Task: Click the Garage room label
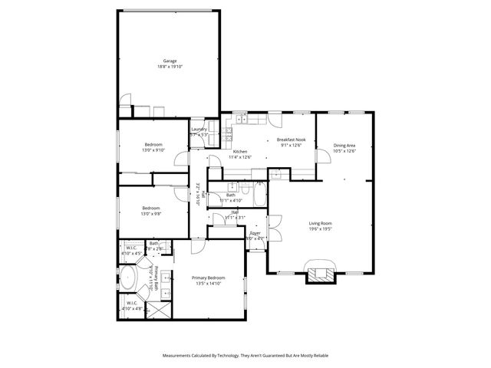tap(169, 61)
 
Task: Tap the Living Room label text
tap(319, 223)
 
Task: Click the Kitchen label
tap(240, 152)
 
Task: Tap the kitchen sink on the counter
tap(241, 120)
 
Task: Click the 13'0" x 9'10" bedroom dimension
tap(153, 150)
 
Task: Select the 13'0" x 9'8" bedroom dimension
tap(150, 214)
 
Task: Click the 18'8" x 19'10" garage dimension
tap(169, 67)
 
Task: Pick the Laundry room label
tap(199, 129)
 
